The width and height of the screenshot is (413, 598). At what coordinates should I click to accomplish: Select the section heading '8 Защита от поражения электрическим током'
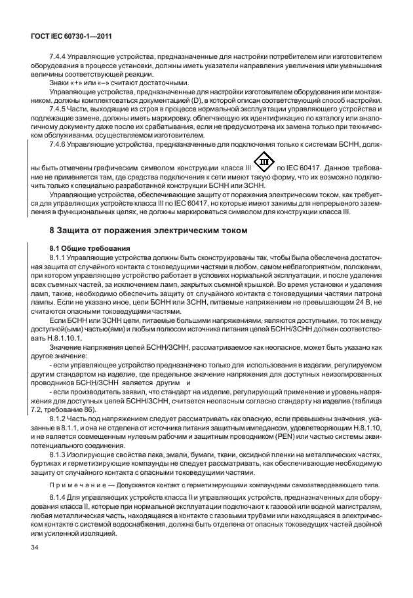149,230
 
